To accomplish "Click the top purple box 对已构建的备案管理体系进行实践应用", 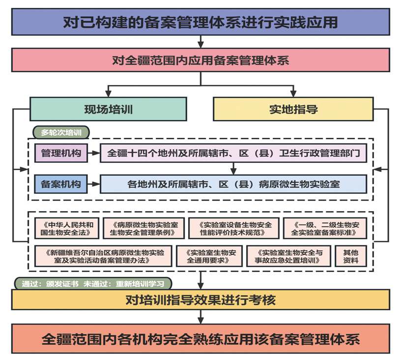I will (201, 23).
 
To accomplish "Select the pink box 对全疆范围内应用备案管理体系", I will (201, 60).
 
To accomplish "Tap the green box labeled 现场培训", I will (108, 109).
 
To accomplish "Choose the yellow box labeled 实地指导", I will (293, 109).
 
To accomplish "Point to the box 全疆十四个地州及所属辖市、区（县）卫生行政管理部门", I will (233, 153).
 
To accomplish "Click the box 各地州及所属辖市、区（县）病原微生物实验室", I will (233, 184).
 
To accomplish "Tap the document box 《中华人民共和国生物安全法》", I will (67, 228).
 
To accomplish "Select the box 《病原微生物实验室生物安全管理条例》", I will (144, 228).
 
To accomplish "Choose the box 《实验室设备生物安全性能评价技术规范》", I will (233, 228).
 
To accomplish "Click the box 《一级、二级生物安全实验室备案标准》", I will (325, 228).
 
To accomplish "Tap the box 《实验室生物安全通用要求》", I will (209, 256).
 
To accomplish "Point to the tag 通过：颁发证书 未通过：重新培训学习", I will (93, 284).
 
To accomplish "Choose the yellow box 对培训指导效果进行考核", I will (201, 300).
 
